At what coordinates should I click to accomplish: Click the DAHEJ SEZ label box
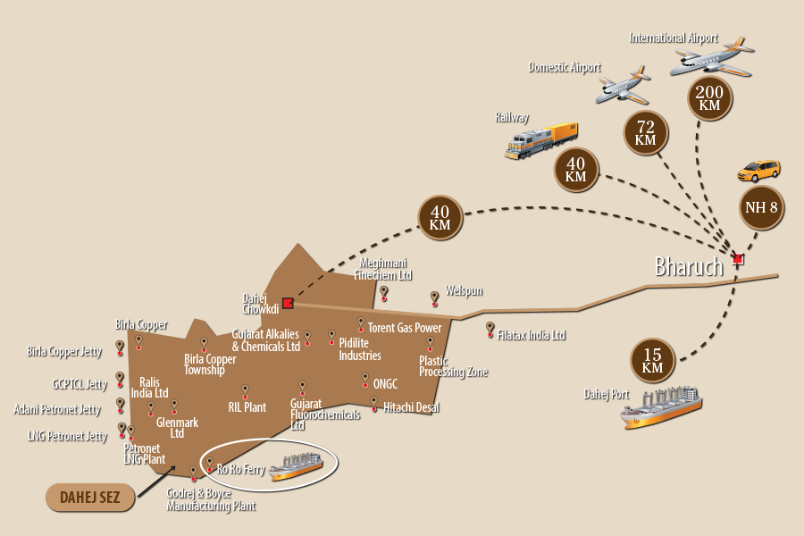[89, 498]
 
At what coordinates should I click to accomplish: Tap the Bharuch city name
[689, 266]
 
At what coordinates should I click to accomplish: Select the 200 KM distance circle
[709, 98]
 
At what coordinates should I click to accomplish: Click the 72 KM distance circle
[645, 133]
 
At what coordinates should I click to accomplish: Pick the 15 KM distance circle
[652, 359]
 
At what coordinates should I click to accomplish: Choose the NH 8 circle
[761, 208]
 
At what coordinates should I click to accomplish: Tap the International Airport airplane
[712, 59]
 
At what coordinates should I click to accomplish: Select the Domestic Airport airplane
[624, 85]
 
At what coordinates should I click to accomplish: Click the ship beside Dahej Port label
[661, 408]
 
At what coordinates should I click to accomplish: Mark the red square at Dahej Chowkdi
[288, 303]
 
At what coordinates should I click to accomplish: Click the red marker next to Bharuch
[737, 260]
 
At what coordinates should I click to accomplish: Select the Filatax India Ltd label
[532, 336]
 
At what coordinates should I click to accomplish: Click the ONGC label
[385, 384]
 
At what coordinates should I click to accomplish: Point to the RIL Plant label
[247, 407]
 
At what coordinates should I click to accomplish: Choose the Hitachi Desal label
[411, 407]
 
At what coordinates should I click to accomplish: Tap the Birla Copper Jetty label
[64, 352]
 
